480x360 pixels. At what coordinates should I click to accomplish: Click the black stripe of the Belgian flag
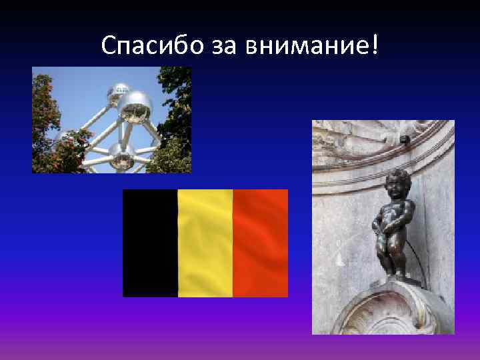(x=150, y=243)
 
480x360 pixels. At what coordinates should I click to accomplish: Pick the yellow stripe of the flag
(x=205, y=243)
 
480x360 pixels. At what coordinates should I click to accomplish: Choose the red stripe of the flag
(x=261, y=243)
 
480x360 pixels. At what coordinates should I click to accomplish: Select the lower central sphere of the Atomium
(x=121, y=157)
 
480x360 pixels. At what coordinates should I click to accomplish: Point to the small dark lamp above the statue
(x=404, y=139)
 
